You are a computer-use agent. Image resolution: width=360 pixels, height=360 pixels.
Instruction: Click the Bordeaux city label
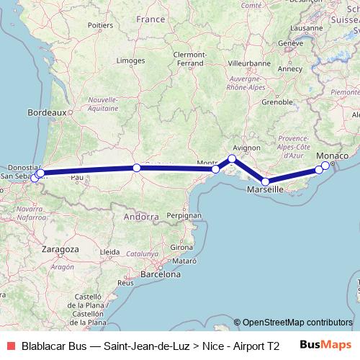pyautogui.click(x=46, y=112)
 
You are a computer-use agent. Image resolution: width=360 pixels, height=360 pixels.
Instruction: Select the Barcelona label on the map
pyautogui.click(x=160, y=274)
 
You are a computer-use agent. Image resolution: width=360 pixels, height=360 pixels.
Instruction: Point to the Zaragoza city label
pyautogui.click(x=60, y=248)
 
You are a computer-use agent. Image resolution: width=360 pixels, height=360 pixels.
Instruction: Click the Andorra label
pyautogui.click(x=140, y=215)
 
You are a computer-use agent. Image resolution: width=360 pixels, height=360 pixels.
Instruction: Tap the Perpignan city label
pyautogui.click(x=183, y=215)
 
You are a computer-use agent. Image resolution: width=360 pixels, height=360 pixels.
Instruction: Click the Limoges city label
pyautogui.click(x=130, y=61)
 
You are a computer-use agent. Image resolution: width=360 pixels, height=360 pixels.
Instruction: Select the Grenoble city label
pyautogui.click(x=275, y=102)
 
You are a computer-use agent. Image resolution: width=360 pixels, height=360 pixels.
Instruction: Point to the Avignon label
pyautogui.click(x=245, y=148)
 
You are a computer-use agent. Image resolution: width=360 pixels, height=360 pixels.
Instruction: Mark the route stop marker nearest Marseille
pyautogui.click(x=266, y=182)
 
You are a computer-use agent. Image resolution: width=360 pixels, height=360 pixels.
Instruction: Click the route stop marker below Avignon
pyautogui.click(x=232, y=158)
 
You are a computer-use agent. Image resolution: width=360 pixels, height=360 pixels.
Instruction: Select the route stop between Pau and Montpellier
pyautogui.click(x=137, y=168)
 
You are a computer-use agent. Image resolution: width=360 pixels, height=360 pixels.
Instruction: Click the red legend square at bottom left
pyautogui.click(x=9, y=345)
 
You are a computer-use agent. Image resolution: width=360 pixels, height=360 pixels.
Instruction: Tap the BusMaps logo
pyautogui.click(x=325, y=345)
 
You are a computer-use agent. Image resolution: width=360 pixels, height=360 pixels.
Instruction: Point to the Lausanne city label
pyautogui.click(x=308, y=29)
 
